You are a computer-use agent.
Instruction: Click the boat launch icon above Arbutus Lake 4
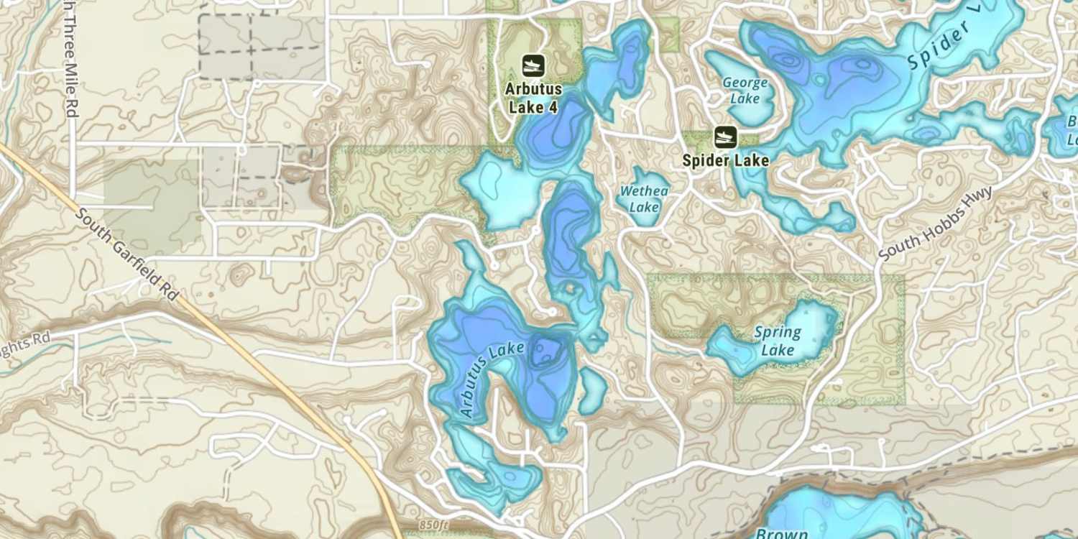tap(533, 65)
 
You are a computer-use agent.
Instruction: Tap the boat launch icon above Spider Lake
tap(726, 137)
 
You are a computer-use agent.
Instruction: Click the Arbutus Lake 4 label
tap(533, 98)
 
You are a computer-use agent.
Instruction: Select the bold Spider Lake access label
tap(726, 160)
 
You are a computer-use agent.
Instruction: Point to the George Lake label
tap(745, 91)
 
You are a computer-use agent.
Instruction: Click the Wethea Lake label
tap(644, 199)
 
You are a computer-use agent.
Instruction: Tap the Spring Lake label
tap(778, 341)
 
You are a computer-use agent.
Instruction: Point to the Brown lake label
tap(781, 533)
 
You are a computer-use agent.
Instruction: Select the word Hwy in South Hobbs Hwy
tap(978, 198)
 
